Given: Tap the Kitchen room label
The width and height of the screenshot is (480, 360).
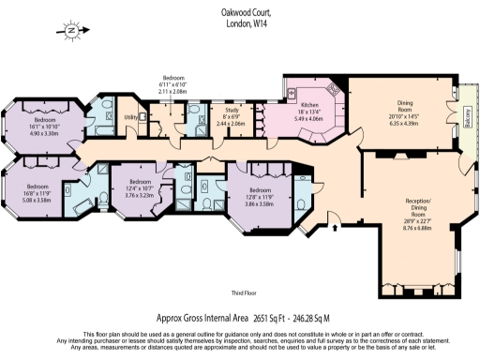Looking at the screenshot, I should (310, 105).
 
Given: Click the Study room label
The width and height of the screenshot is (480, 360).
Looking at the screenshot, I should (230, 112).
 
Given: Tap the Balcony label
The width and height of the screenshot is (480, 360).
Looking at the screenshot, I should (465, 116).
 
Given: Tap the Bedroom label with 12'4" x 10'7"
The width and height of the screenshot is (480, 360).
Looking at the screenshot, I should (139, 181).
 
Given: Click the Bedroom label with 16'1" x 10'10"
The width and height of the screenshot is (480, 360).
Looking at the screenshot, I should (46, 121).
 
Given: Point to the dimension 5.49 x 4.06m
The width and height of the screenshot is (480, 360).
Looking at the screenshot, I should (310, 120).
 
